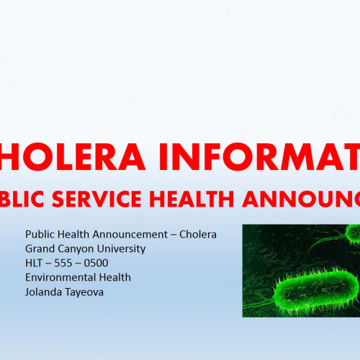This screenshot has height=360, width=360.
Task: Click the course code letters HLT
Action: [35, 262]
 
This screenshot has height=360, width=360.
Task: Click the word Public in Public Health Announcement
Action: [40, 235]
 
